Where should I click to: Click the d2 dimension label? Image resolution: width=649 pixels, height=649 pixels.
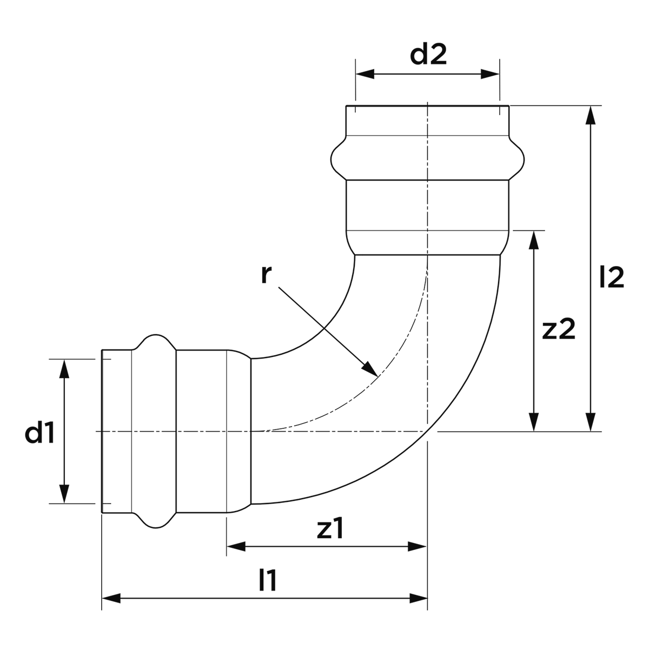tap(428, 56)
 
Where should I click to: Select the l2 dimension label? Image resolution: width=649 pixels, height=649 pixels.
tap(612, 278)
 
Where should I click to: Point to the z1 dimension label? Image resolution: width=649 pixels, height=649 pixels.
tap(329, 530)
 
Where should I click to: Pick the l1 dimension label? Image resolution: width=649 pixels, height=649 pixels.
tap(268, 582)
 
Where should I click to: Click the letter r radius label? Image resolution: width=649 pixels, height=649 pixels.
tap(264, 275)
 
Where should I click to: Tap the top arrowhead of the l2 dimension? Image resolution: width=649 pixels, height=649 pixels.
tap(591, 115)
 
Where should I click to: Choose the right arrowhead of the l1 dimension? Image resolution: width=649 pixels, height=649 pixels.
tap(419, 598)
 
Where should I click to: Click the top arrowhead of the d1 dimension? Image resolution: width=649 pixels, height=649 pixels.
tap(64, 368)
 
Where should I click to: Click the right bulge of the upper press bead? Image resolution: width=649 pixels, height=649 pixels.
tap(520, 158)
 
